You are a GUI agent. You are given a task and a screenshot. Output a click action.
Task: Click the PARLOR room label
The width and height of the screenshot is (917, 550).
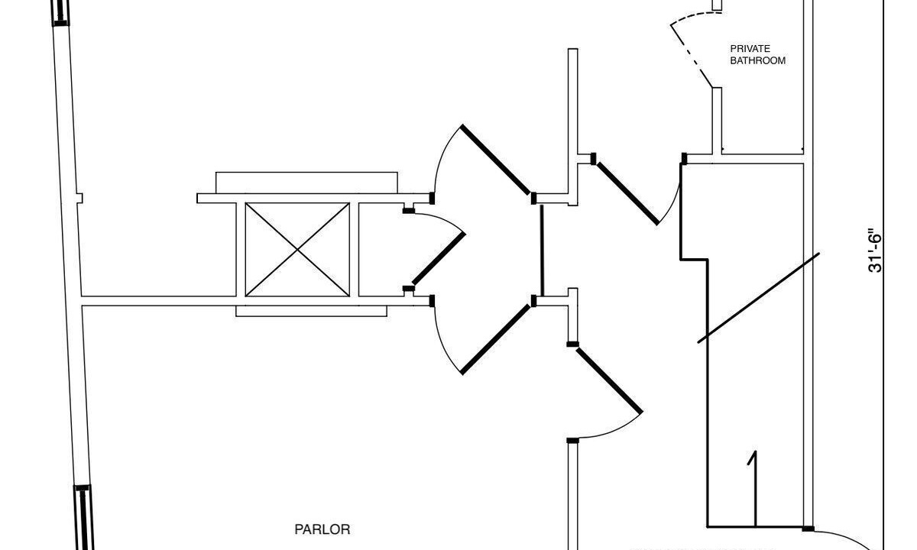point(322,529)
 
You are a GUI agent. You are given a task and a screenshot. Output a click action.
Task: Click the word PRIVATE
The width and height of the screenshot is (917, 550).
point(750,49)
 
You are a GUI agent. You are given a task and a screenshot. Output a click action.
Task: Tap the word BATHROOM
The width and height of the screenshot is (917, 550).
point(758,60)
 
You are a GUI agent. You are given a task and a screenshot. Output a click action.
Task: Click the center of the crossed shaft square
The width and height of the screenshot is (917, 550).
point(297,249)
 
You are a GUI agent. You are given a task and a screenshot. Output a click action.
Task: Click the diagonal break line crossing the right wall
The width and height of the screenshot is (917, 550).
point(758,298)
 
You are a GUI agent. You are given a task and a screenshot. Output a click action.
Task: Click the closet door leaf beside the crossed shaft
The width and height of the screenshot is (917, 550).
point(439,259)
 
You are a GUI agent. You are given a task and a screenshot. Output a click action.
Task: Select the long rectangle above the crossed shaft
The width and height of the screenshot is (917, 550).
point(306,183)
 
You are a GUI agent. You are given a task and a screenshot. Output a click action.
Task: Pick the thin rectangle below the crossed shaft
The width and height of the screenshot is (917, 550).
point(312,311)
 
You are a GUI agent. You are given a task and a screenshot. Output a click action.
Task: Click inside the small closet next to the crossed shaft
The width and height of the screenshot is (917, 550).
point(381,249)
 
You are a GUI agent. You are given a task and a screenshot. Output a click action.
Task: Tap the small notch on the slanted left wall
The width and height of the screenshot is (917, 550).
point(79,198)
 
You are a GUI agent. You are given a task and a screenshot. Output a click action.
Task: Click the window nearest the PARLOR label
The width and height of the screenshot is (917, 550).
point(83,518)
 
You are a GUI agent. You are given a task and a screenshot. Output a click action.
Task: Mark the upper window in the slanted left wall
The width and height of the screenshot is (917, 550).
point(60,13)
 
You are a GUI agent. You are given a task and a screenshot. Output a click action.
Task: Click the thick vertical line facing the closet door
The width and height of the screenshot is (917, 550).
point(542,251)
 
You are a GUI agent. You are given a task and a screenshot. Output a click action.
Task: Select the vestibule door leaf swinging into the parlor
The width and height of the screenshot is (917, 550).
point(496,340)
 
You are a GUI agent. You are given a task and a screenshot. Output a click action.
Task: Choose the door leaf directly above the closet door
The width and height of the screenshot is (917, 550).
point(496,160)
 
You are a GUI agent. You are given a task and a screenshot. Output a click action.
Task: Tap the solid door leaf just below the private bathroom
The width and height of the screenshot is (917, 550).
point(627,193)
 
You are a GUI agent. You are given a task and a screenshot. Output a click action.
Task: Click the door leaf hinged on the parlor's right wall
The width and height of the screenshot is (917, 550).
point(609,380)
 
